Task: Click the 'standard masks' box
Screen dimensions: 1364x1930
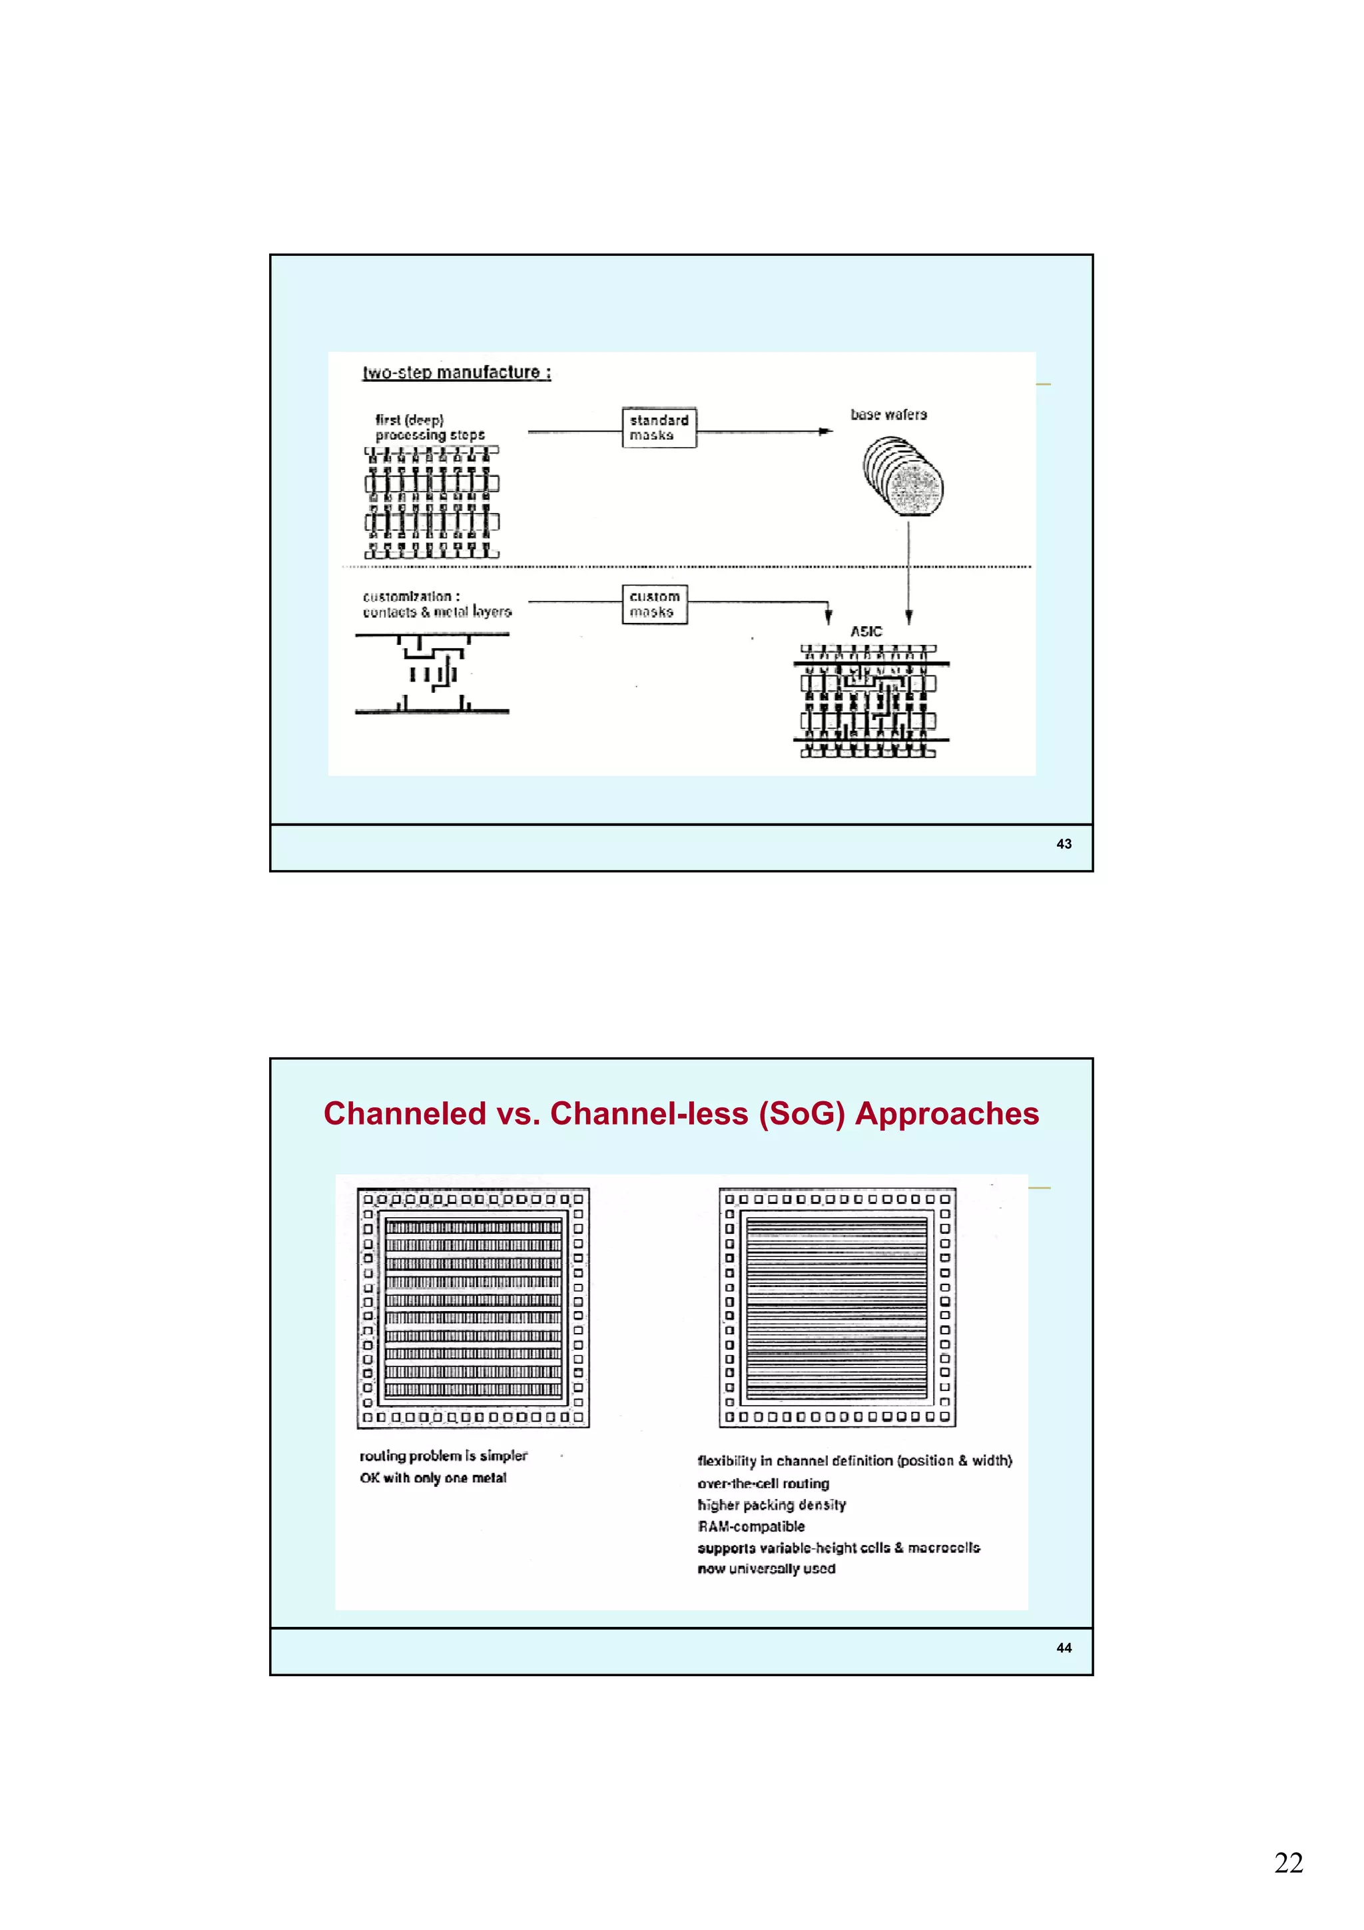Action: point(659,427)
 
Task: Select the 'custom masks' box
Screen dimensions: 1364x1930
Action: point(654,604)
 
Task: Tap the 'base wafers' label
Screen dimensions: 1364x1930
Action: point(888,414)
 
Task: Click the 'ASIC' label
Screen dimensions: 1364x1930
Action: point(866,632)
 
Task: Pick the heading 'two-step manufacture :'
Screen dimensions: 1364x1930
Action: point(456,372)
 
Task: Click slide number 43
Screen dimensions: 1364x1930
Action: point(1063,844)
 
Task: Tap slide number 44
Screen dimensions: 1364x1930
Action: point(1063,1648)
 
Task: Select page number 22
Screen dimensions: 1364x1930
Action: point(1287,1862)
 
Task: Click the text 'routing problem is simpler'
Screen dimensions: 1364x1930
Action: point(443,1455)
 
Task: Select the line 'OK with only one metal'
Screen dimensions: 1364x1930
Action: point(433,1478)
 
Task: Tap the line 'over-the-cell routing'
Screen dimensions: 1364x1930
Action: point(763,1484)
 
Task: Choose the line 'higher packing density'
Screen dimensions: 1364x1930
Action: point(771,1505)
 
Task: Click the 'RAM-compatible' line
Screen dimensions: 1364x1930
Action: point(751,1526)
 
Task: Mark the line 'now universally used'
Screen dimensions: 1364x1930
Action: point(767,1568)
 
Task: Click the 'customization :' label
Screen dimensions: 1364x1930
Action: point(411,596)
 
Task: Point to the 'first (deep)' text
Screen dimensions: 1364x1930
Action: point(410,420)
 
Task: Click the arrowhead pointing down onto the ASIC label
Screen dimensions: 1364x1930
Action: point(908,617)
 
